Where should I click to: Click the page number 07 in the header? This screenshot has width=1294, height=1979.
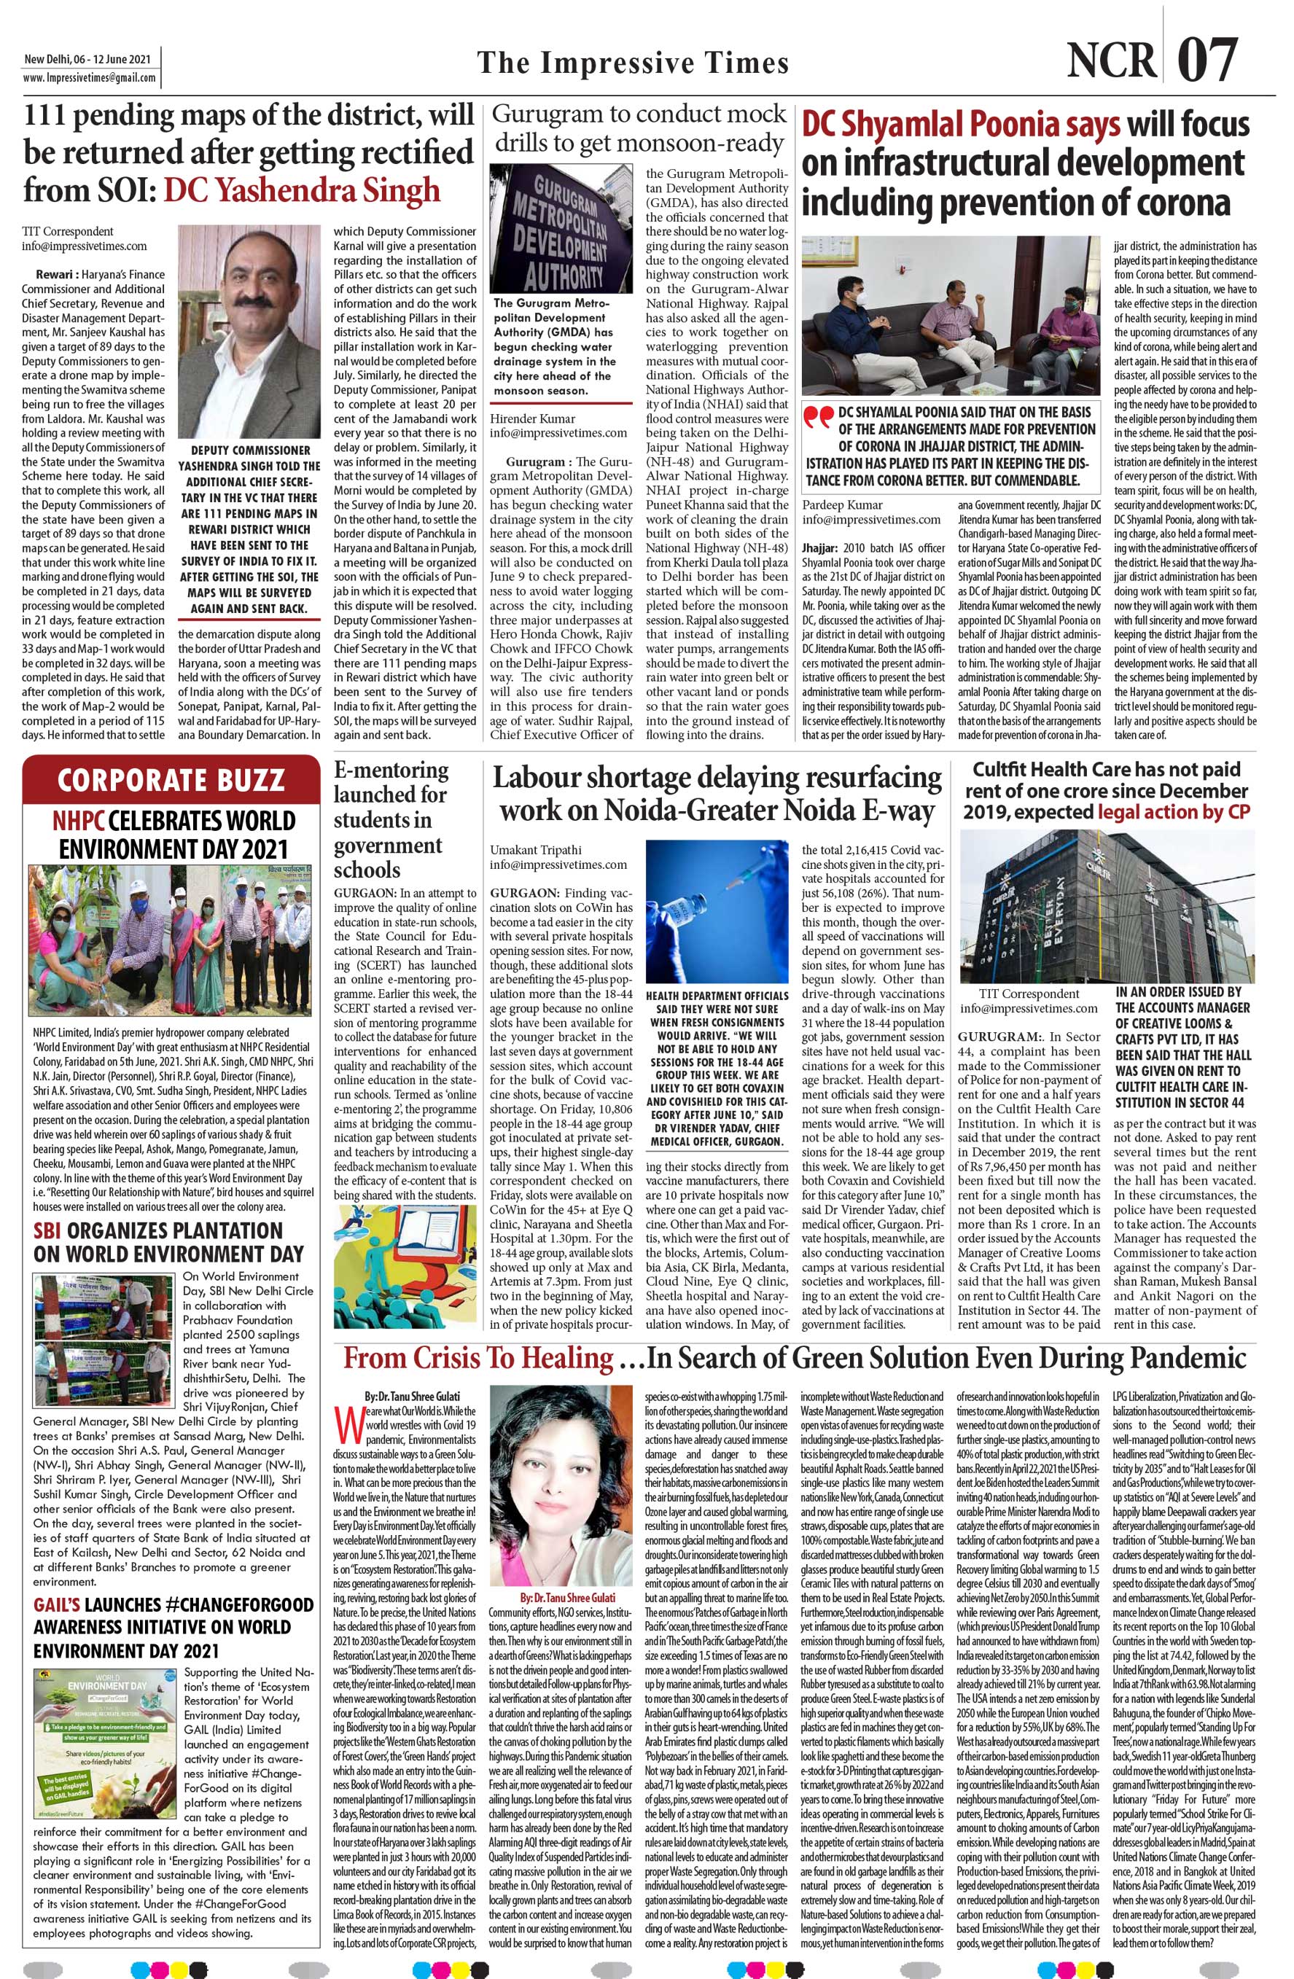[x=1207, y=60]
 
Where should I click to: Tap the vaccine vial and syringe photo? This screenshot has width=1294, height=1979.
[x=717, y=909]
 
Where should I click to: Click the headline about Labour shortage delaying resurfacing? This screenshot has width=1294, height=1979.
[x=716, y=794]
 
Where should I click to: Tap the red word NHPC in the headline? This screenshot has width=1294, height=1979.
[x=79, y=821]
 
